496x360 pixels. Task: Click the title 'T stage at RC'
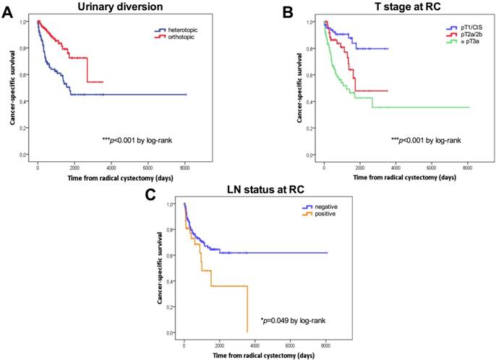coord(397,7)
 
